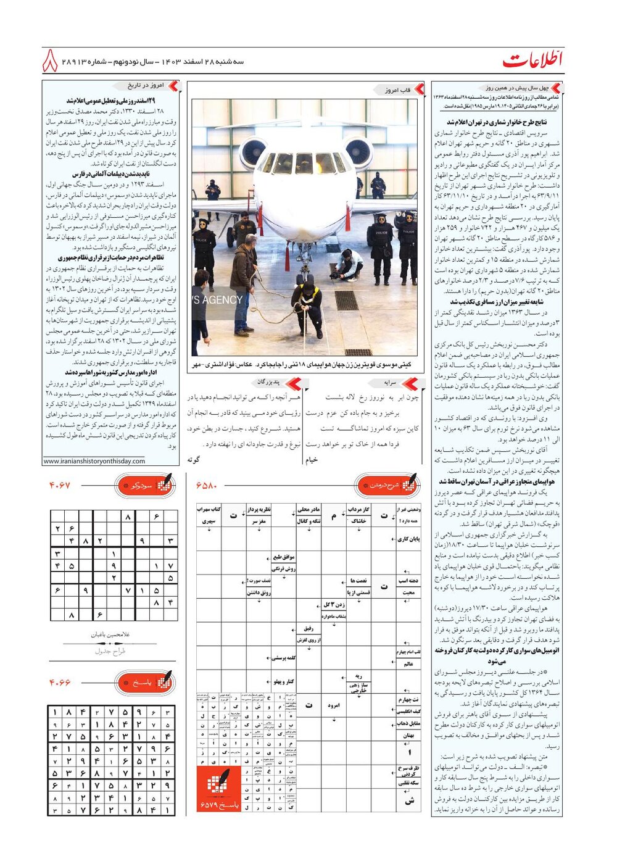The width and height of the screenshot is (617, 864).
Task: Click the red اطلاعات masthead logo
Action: pos(532,60)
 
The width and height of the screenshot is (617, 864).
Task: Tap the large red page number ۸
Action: pos(51,62)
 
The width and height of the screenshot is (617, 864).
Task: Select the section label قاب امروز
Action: pos(397,90)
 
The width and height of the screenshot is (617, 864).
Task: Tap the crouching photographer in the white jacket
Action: pos(349,264)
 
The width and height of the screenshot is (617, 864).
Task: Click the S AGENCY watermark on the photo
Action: pos(217,300)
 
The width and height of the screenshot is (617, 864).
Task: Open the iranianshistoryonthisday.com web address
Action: pos(94,461)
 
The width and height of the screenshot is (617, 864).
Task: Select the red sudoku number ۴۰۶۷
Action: pos(60,486)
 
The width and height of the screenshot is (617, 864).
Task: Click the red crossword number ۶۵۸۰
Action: pos(207,486)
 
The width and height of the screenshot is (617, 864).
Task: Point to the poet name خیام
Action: pos(312,460)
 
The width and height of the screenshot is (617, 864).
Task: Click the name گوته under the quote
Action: pos(193,460)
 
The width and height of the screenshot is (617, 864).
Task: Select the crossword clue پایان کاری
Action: pos(408,539)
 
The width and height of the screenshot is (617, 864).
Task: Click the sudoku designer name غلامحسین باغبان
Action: pos(110,634)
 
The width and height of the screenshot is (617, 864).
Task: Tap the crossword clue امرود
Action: pos(334,705)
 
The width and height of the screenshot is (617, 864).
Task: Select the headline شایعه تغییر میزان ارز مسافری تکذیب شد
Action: pos(497,302)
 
